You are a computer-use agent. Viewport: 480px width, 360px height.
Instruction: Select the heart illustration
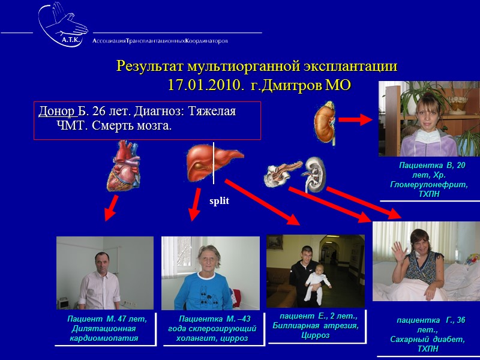click(127, 166)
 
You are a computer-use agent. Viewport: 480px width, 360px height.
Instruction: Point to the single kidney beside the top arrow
click(325, 121)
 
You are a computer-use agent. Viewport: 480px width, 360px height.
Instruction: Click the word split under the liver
click(219, 201)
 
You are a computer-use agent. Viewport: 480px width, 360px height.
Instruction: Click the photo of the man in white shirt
click(104, 273)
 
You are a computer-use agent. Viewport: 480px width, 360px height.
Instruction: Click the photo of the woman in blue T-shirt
click(210, 273)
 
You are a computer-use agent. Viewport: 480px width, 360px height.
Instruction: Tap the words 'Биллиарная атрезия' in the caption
click(315, 325)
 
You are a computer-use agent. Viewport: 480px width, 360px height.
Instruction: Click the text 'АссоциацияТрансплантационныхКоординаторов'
click(160, 41)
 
